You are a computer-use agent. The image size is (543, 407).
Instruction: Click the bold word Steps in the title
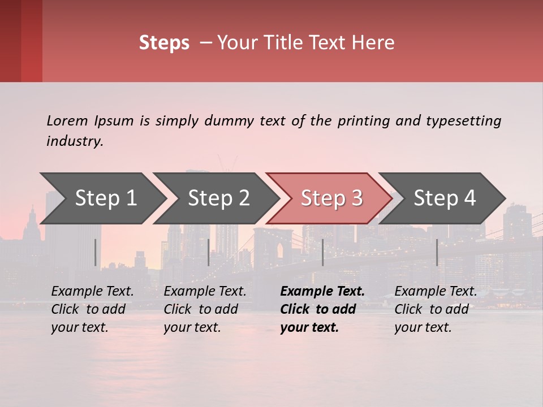[x=164, y=42]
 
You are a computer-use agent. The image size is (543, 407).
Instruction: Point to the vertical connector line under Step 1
[x=96, y=252]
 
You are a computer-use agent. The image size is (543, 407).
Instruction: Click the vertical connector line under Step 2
[x=209, y=252]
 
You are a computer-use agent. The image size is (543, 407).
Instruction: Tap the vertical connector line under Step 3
[x=323, y=252]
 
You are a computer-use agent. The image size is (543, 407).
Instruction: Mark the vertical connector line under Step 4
[x=437, y=252]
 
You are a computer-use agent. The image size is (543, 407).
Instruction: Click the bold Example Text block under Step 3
[x=322, y=309]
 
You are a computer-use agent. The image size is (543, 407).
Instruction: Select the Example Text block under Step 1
[x=92, y=309]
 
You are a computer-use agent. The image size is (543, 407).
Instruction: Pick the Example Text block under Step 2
[x=205, y=309]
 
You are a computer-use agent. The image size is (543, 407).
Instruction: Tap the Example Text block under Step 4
[x=436, y=309]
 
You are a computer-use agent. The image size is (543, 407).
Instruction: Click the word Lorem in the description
[x=67, y=120]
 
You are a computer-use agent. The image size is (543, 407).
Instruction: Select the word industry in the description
[x=74, y=141]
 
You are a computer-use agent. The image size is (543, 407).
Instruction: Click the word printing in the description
[x=361, y=120]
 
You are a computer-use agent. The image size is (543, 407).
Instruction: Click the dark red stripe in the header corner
[x=10, y=41]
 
